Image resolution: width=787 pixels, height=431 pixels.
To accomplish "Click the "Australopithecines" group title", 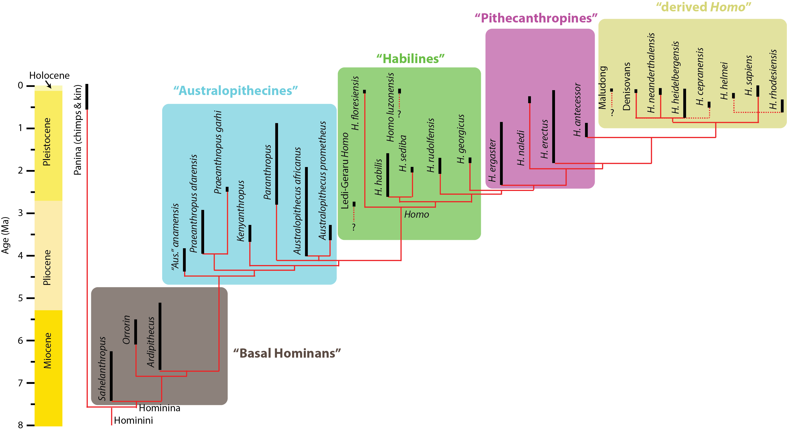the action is coord(236,91).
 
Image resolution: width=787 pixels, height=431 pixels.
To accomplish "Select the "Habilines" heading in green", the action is coord(410,59).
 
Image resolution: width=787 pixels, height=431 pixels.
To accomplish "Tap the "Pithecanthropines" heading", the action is coord(536,18).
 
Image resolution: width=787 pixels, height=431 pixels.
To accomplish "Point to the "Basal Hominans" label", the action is coord(287,353).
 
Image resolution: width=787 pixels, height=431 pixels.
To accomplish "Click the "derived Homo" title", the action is coord(703,7).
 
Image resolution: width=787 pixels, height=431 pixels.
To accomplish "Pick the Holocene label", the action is coord(49,76).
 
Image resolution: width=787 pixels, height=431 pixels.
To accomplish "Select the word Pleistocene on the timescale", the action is coord(47,142).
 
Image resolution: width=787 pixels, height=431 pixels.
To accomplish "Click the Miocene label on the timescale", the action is coord(47,350).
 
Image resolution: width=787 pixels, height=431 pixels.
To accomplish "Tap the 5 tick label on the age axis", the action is coord(21,298).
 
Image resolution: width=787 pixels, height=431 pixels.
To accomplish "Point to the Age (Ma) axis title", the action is coord(5,235).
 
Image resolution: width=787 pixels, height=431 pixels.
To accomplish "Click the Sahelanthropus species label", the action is coord(102,369).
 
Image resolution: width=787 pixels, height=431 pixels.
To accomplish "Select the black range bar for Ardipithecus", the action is coord(160,336).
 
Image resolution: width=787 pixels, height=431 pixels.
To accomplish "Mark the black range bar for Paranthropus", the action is coord(276,164).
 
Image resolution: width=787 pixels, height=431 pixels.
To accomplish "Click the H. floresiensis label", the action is coord(355,103).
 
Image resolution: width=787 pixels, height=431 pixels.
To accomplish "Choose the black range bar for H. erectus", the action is coord(554,127).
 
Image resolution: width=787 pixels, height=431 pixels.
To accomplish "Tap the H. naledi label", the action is coord(521,148).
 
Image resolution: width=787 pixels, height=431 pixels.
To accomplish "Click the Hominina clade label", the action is coord(159,408).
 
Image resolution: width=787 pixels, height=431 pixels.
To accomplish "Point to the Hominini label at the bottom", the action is coord(133,421).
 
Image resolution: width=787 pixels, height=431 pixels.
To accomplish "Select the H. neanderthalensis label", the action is coord(651,73).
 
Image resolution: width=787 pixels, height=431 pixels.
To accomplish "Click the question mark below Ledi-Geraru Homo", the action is coord(354,227).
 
